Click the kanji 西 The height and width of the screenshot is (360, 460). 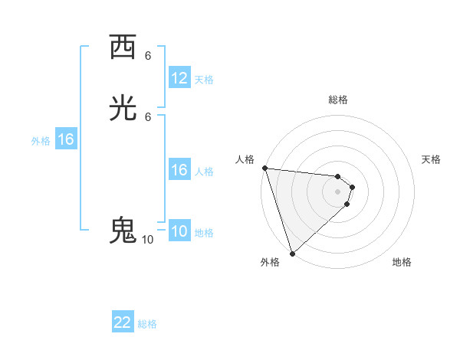click(123, 47)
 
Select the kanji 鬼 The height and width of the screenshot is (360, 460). click(123, 231)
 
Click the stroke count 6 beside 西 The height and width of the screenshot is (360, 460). click(148, 56)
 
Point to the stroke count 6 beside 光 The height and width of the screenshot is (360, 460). click(148, 116)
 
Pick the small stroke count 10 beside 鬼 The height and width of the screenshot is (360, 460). click(147, 240)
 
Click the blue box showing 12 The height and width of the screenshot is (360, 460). click(179, 77)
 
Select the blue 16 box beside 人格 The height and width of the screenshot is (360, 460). click(179, 170)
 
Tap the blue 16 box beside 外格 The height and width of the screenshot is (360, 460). click(66, 139)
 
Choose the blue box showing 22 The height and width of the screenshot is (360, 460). click(123, 322)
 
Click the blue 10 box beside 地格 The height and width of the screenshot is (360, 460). click(179, 231)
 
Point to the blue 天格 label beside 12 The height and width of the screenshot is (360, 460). click(204, 79)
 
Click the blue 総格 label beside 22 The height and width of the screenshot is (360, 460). click(147, 324)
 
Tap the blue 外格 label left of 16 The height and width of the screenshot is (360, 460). click(41, 141)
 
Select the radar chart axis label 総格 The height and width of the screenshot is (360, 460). click(338, 100)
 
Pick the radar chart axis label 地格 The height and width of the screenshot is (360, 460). click(402, 262)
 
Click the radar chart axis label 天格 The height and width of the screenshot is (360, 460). click(432, 159)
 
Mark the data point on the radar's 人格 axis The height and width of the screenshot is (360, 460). click(264, 168)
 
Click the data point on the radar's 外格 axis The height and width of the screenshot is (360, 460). click(292, 254)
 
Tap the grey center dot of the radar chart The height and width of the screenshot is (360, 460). click(338, 191)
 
